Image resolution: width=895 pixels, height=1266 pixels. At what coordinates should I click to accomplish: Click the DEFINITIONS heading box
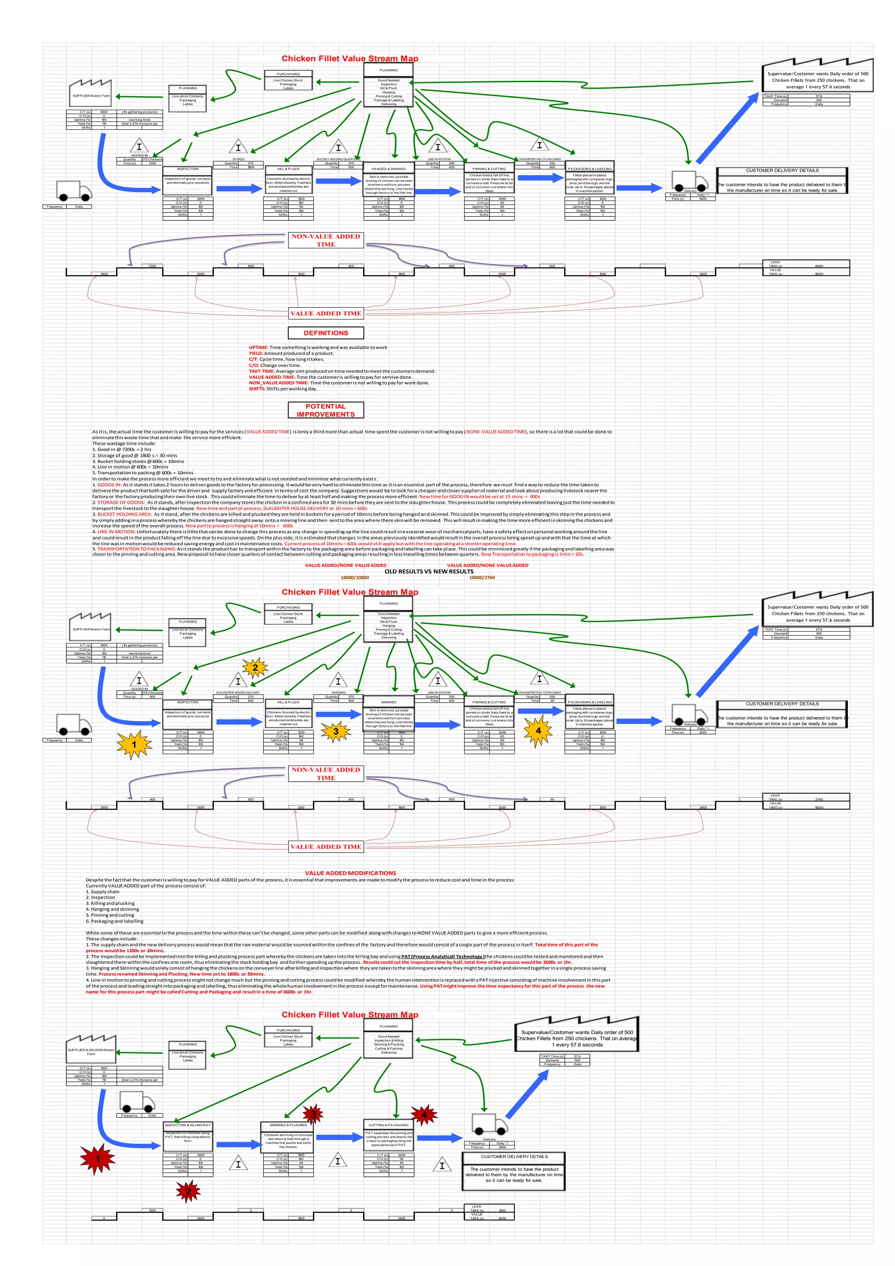coord(326,333)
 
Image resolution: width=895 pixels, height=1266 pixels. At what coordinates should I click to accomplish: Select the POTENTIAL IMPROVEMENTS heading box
coord(326,410)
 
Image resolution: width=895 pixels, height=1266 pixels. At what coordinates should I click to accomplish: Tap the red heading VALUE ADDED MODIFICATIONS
coord(350,873)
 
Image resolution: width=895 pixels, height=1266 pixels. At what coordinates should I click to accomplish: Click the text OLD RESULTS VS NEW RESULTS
coord(429,571)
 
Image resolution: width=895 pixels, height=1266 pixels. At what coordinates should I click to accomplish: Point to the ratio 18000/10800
coord(354,577)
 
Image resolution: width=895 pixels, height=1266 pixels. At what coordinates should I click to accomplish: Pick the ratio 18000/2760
coord(482,577)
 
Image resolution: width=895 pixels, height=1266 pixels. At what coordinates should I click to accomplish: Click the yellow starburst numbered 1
coord(134,744)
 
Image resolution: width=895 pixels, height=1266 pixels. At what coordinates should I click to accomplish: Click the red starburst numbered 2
coord(188,1191)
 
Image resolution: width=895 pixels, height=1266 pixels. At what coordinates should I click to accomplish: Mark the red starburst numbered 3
coord(313,1114)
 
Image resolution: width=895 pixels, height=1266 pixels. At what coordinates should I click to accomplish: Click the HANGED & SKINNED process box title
coord(389,169)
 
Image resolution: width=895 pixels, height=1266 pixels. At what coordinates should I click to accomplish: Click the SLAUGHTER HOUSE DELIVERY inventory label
coord(238,692)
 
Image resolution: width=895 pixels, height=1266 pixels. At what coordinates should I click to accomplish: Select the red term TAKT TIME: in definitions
coord(261,371)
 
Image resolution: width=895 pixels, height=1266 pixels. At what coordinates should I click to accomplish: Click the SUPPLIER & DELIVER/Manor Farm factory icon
coord(91,1047)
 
